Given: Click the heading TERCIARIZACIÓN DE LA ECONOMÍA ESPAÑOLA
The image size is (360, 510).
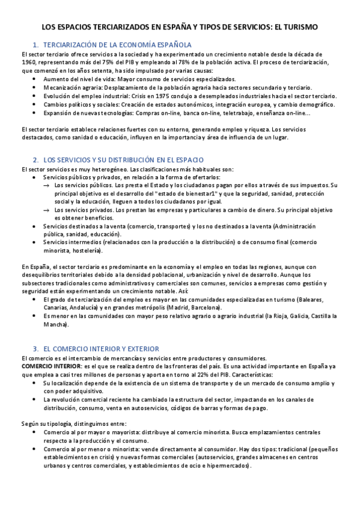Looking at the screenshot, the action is (x=118, y=45).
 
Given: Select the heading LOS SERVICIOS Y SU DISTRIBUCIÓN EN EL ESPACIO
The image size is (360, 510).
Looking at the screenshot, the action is (x=124, y=160).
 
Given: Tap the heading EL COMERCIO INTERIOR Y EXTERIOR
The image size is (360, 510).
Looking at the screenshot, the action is (x=101, y=349).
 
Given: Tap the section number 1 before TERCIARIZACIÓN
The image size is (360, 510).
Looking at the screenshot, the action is (x=35, y=45).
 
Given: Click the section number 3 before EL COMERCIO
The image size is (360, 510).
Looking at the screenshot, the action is (x=35, y=349).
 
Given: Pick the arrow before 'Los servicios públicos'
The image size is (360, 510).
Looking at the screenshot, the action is (x=47, y=186).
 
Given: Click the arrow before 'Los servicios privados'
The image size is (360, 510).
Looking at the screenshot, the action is (x=47, y=210).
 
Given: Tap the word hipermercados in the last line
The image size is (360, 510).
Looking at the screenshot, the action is (x=229, y=466).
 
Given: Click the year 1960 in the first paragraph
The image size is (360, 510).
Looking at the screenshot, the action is (x=29, y=62).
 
